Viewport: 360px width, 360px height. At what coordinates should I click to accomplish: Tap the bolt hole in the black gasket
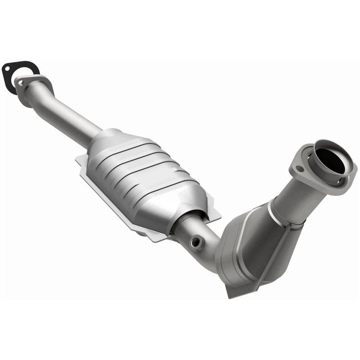click(x=7, y=69)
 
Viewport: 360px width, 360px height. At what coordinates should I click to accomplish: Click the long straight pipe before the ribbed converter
click(x=71, y=116)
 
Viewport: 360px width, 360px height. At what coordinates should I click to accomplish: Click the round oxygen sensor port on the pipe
click(x=195, y=243)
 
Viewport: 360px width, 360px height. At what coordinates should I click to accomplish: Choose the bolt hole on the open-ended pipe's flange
click(x=299, y=169)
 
